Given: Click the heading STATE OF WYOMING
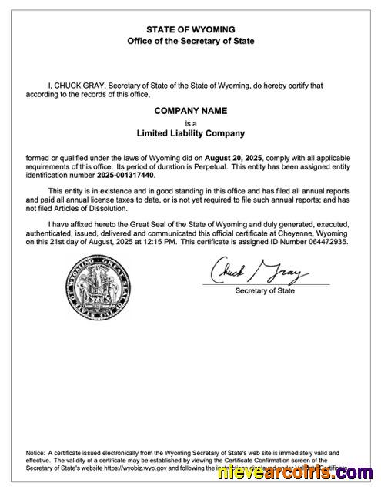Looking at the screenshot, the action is click(x=191, y=29).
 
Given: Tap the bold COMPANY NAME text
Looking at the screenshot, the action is click(x=191, y=111).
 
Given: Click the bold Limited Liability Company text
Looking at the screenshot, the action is click(x=191, y=132).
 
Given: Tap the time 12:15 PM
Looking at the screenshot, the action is click(x=161, y=242).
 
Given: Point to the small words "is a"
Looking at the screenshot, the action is click(x=191, y=122).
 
